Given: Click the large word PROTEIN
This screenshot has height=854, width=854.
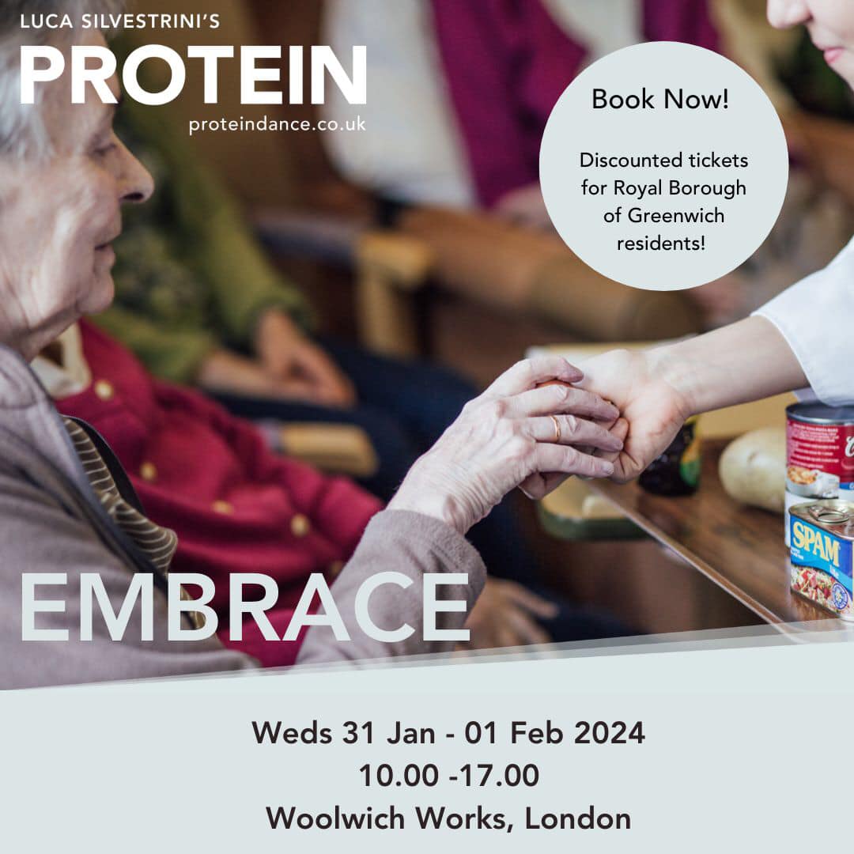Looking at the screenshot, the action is coord(194,74).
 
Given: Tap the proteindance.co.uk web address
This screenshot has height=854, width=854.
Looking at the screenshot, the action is coord(278,125).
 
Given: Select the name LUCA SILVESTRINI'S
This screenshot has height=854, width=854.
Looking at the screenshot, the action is coord(120,21).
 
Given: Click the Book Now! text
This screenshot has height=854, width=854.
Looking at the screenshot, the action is coord(660,99).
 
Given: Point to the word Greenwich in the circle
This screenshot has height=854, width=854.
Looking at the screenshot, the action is coord(675,216).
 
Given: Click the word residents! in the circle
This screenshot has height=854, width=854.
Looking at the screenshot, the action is coord(660,243).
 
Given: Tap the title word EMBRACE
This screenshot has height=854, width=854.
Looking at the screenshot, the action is coord(245,608).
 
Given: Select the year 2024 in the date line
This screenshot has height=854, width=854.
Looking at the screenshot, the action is coord(610,732).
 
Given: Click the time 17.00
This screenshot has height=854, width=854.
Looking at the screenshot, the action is coord(499,775).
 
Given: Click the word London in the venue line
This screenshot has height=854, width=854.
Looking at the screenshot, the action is coord(578,818).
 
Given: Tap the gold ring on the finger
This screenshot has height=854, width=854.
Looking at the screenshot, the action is coord(556,428).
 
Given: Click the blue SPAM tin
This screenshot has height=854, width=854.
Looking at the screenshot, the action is coord(822,558).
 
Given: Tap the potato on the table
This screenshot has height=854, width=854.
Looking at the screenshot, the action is coord(753,468).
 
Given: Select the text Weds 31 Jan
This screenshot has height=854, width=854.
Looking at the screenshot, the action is coord(343,732).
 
